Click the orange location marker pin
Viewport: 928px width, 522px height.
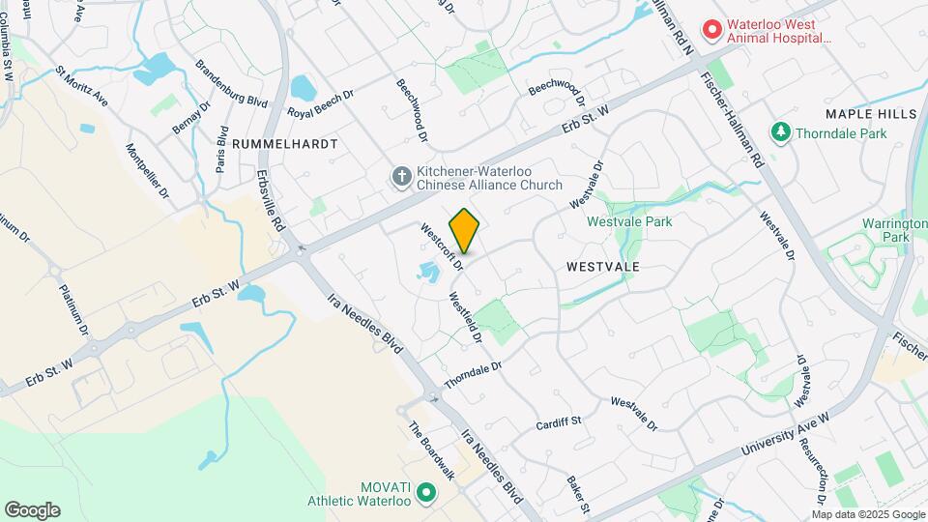[465, 231]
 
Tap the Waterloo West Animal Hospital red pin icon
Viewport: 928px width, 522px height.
[712, 30]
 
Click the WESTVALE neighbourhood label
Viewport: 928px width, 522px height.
[604, 265]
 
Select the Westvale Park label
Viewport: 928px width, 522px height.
[629, 221]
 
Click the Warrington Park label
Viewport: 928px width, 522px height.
[886, 230]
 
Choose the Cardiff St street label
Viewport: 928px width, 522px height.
[558, 422]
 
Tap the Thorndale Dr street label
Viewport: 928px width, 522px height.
[475, 376]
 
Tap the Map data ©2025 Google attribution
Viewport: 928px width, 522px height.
[867, 514]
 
